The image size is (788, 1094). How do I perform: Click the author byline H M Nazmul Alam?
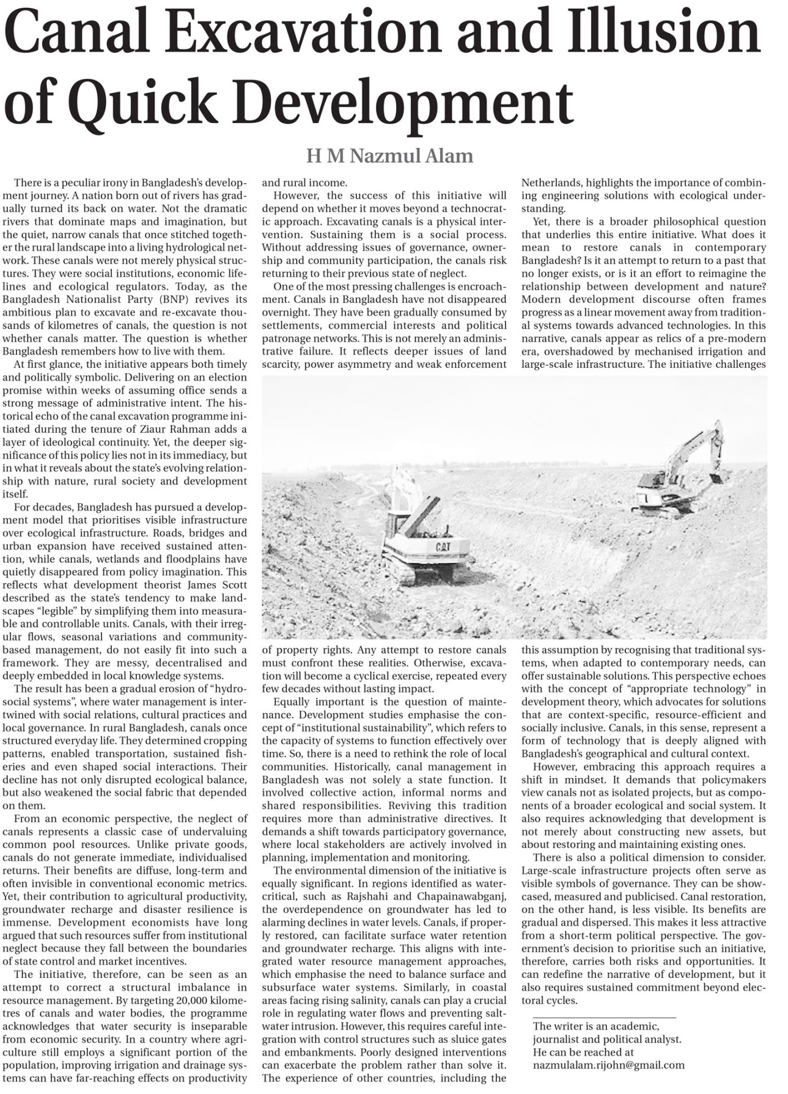[x=390, y=156]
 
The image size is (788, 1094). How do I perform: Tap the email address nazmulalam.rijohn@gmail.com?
[x=608, y=1065]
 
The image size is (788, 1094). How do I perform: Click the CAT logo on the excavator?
[x=443, y=546]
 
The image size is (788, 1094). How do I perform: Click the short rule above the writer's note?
[x=604, y=1018]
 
